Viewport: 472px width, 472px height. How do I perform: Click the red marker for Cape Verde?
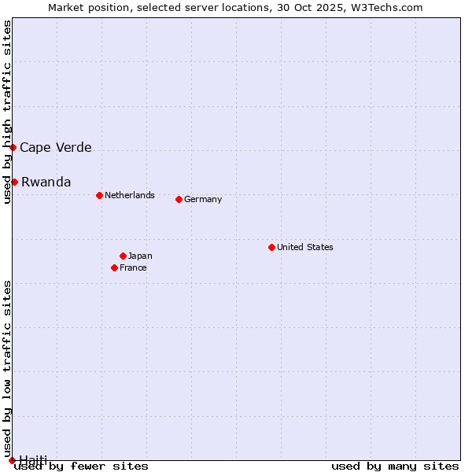pos(13,147)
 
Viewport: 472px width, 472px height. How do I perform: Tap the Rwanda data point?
pos(14,182)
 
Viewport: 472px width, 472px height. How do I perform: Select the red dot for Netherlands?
pos(99,195)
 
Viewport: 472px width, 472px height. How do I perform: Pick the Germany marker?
pos(179,199)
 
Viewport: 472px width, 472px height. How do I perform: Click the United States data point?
pos(271,247)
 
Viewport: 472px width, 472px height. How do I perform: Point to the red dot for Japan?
pos(123,256)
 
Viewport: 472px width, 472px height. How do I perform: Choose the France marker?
pos(114,267)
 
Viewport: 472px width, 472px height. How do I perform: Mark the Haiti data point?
pos(12,460)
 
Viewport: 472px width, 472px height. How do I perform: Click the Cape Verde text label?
pos(55,147)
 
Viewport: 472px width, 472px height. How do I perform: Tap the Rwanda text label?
pos(46,182)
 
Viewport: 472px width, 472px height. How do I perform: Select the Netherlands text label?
pos(130,195)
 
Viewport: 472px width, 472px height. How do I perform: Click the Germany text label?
pos(203,199)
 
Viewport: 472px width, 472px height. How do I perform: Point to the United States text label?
pos(305,247)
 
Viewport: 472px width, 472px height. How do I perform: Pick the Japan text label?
pos(140,256)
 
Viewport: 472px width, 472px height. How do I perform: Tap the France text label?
pos(133,267)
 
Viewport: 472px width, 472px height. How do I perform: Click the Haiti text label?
pos(33,459)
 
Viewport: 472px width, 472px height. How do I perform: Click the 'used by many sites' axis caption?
pos(395,466)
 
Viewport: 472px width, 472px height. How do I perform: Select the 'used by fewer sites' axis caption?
pos(81,466)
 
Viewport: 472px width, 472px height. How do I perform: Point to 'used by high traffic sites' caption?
pos(7,112)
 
